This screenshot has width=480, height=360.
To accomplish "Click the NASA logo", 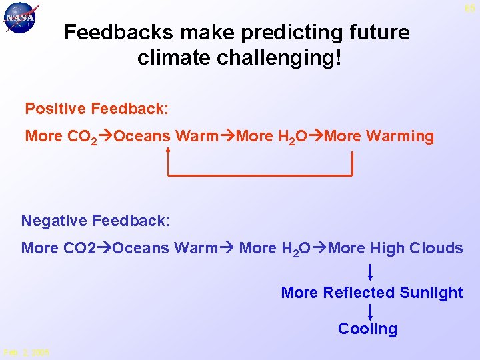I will (x=21, y=18).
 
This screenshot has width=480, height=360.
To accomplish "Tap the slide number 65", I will (x=470, y=8).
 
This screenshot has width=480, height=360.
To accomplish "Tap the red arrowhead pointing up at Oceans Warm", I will (x=169, y=150).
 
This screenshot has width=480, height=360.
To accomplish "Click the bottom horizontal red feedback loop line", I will (x=260, y=175).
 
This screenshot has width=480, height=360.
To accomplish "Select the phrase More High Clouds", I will (x=396, y=248).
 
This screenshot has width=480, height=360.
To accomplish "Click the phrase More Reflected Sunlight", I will (x=372, y=293).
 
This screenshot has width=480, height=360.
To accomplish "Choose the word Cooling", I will (x=367, y=329).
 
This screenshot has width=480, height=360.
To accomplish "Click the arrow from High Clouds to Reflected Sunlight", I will (x=370, y=272).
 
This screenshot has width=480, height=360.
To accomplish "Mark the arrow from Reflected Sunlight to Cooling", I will (x=370, y=311).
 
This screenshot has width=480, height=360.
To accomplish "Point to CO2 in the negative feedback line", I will (x=79, y=248).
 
